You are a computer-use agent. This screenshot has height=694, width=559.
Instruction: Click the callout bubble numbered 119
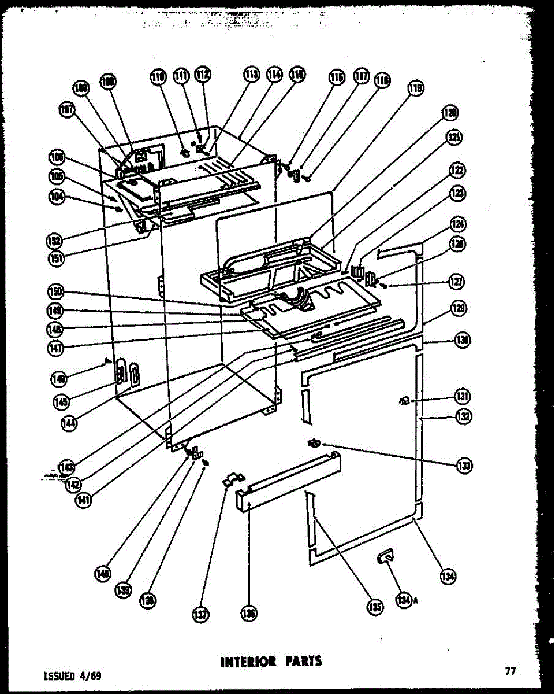(x=415, y=88)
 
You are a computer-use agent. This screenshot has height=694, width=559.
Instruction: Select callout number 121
(x=456, y=137)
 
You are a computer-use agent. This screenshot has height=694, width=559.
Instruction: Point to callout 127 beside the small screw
(x=457, y=282)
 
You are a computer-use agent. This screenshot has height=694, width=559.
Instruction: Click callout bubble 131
(x=461, y=397)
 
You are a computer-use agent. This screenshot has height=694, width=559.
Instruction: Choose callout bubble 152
(x=56, y=239)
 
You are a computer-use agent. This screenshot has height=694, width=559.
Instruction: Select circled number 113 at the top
(x=251, y=74)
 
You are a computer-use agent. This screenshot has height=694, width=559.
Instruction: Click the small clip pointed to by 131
(x=405, y=400)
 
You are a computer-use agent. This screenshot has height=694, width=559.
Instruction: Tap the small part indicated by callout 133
(x=314, y=443)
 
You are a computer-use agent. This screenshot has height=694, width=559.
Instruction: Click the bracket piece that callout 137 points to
(x=234, y=479)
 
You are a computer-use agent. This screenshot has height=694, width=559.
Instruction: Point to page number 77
(x=510, y=671)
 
